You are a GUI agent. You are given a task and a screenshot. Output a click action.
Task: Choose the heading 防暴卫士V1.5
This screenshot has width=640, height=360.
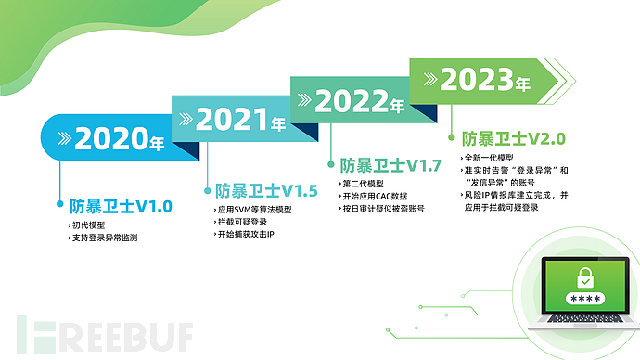pyautogui.click(x=266, y=190)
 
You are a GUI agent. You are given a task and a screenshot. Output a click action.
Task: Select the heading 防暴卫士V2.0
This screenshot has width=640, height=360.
pyautogui.click(x=513, y=138)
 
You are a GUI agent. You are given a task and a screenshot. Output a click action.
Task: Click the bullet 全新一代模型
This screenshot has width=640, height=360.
pyautogui.click(x=490, y=158)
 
